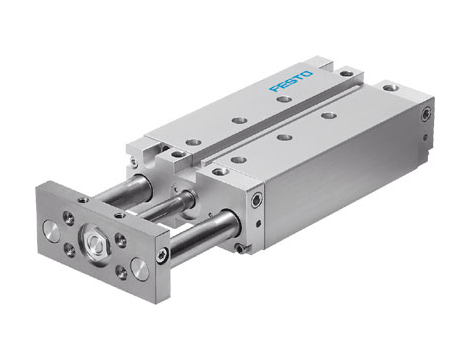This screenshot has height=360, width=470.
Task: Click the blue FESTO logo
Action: (292, 81)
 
